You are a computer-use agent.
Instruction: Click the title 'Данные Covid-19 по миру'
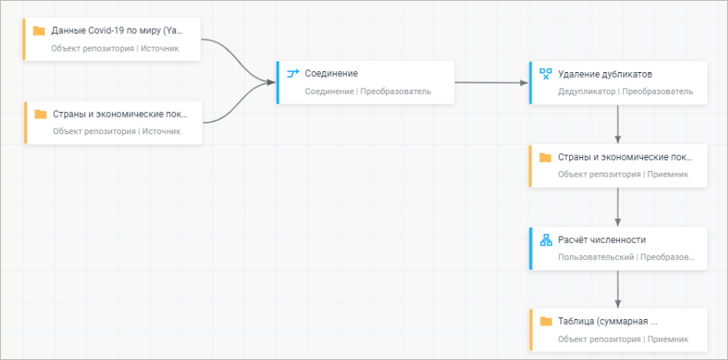tap(117, 31)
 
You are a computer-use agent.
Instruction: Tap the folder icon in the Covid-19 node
tap(39, 31)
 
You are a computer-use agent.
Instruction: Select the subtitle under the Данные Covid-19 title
tap(115, 49)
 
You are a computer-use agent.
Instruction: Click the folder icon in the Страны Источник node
tap(40, 114)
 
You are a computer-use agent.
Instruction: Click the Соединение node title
tap(331, 74)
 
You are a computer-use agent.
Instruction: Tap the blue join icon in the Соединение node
tap(293, 74)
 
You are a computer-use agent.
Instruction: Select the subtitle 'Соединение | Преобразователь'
tap(368, 92)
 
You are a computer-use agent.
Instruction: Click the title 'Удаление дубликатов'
tap(604, 74)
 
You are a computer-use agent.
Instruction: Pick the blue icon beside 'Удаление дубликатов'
tap(546, 74)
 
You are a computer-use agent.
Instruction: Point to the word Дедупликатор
tap(586, 92)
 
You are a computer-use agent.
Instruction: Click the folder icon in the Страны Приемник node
tap(546, 157)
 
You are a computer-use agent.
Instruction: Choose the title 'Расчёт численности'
tap(602, 240)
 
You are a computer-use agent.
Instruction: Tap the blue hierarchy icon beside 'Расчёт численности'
tap(546, 240)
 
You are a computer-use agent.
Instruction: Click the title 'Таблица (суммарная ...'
tap(608, 322)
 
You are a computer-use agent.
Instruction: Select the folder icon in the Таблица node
tap(546, 322)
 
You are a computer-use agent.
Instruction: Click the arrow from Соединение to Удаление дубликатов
tap(491, 83)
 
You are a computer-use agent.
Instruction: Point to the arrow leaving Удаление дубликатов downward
tap(618, 123)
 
